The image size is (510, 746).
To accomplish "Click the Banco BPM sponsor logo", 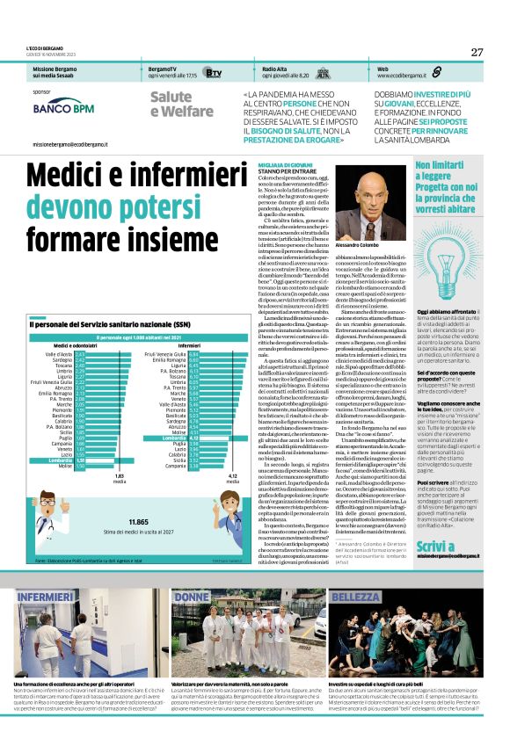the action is click(63, 108).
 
